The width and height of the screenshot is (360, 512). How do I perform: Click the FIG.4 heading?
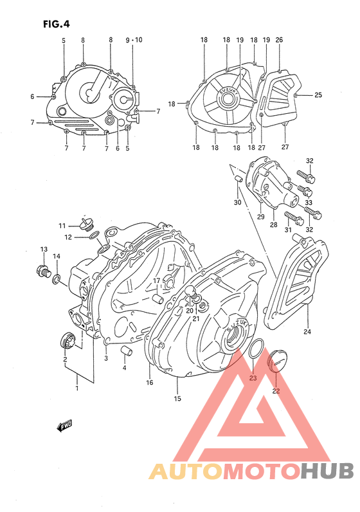(x=56, y=24)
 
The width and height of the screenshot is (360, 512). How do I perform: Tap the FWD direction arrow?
(x=64, y=426)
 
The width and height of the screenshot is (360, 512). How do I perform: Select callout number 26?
(x=279, y=40)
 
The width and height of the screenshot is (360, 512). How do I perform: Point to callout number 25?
(x=318, y=95)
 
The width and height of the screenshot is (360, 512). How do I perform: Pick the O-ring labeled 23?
(x=255, y=348)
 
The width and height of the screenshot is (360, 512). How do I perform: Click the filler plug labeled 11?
(x=87, y=225)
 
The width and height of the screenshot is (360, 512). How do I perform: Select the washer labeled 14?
(x=57, y=278)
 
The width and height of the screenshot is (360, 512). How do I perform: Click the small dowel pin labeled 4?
(x=127, y=351)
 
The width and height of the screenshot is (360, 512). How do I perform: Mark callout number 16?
(x=149, y=383)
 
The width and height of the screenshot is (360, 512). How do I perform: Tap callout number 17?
(x=156, y=280)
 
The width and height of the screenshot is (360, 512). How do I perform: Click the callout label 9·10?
(x=134, y=40)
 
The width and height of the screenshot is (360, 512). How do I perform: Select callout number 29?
(x=260, y=217)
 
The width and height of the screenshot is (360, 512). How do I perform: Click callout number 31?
(x=287, y=231)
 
